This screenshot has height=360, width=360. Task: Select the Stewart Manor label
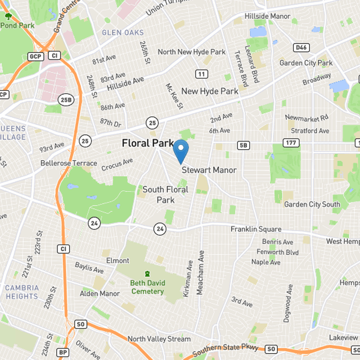coord(209,171)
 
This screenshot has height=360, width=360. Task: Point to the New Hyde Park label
coord(210,91)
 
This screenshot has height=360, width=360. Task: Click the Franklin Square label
coord(256,229)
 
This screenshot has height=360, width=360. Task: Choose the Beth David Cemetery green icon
coord(147,274)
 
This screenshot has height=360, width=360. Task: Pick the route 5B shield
coord(243,145)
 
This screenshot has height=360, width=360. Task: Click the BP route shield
coord(63,352)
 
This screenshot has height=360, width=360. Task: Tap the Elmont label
coord(117,261)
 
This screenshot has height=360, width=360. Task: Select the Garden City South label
coord(312,204)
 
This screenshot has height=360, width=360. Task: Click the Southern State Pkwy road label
coord(227,349)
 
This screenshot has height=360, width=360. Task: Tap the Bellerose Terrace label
coord(68,163)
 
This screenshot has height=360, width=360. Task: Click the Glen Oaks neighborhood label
coord(123,32)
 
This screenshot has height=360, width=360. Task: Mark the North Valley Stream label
coord(159,339)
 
